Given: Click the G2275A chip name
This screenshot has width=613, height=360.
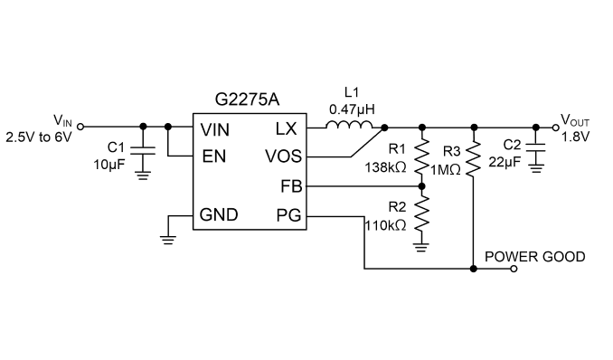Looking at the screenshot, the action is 247,99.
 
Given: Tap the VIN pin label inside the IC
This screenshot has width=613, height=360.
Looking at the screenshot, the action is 214,129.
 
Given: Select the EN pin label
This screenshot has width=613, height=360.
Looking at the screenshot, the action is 214,156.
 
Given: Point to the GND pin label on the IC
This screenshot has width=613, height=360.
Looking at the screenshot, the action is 219,215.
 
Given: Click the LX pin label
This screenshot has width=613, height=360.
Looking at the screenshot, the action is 287,128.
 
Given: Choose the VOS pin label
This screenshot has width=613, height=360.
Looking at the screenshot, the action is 283,156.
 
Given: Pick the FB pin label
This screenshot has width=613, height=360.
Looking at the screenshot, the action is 291,186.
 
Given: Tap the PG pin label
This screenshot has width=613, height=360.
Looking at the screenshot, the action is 289,215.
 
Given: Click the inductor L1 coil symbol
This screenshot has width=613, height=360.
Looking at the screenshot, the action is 349,125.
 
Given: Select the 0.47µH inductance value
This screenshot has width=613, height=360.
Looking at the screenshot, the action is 352,109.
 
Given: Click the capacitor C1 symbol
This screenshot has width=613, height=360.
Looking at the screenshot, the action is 143,151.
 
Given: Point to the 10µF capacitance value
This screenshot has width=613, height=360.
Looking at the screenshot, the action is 109,165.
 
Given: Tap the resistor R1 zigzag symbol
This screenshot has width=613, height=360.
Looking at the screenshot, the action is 422,156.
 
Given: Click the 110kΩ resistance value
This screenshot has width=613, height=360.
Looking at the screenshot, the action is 385,225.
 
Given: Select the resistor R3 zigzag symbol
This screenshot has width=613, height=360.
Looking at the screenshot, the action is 474,158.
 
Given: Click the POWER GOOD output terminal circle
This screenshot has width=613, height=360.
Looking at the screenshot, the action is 514,269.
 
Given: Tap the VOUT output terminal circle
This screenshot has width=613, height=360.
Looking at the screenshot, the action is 555,128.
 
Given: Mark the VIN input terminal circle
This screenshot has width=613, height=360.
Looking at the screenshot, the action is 80,127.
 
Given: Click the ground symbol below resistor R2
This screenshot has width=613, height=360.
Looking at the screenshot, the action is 421,247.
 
